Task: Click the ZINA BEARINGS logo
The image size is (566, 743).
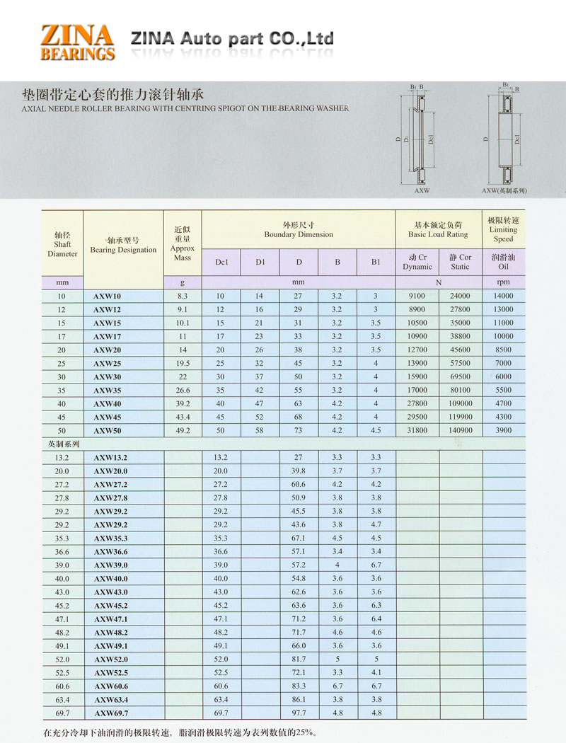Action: (77, 41)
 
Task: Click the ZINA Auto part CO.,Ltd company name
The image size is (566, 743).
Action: (232, 38)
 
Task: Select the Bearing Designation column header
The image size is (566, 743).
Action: (123, 245)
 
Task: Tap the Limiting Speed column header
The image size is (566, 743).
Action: (503, 229)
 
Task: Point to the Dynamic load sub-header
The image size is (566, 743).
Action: (417, 262)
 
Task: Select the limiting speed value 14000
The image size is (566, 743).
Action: (503, 296)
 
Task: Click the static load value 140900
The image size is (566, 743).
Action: (460, 430)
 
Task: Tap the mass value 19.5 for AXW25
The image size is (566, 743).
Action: (182, 363)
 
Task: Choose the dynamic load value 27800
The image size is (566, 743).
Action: (417, 403)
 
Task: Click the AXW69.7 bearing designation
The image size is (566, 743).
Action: (111, 713)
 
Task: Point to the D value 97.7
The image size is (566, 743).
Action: (299, 713)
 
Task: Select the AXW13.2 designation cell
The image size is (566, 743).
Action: (111, 457)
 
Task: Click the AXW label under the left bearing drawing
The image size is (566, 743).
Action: (421, 191)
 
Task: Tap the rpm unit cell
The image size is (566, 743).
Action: (503, 282)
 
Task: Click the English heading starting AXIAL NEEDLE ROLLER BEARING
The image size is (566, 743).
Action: (185, 109)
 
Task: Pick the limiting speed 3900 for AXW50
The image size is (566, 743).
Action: (503, 430)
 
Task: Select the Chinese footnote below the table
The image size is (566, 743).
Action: (179, 732)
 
